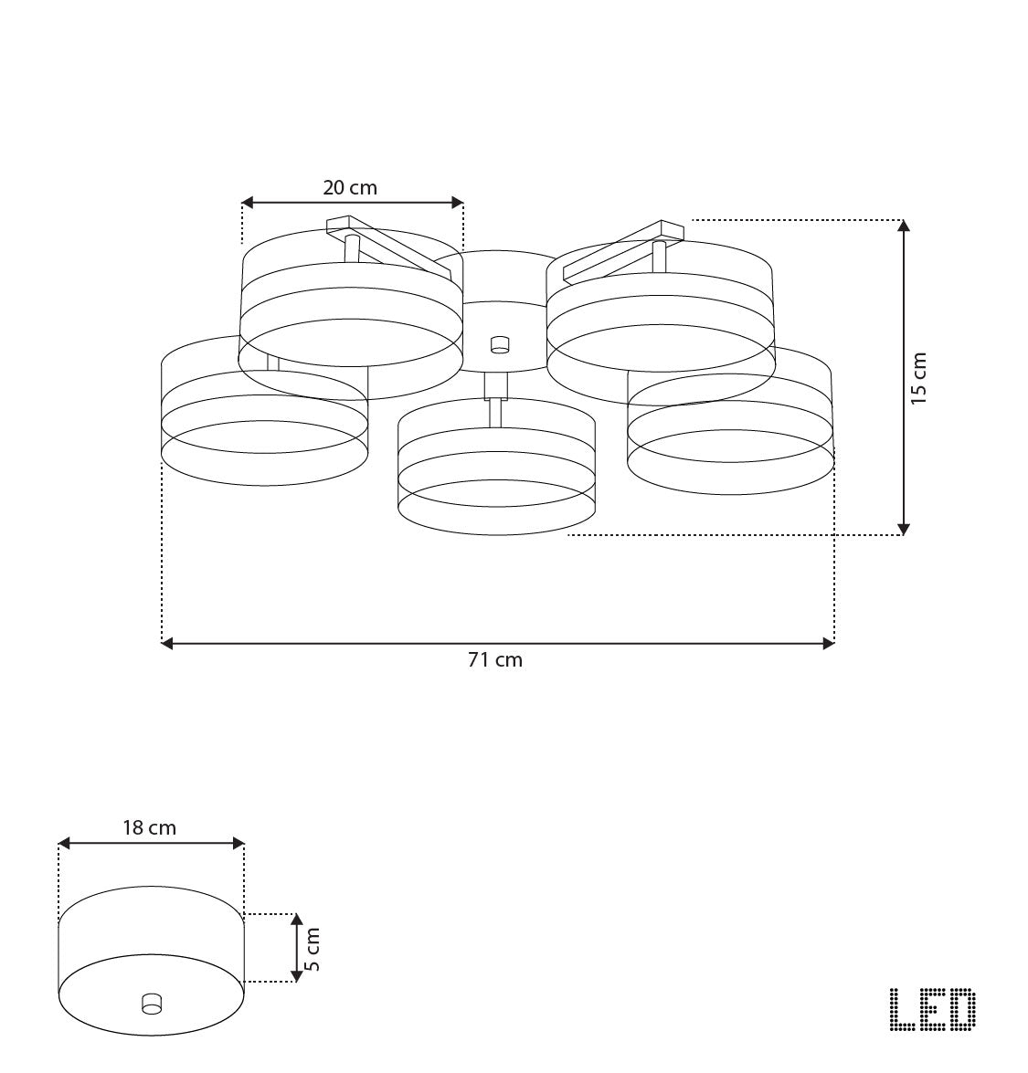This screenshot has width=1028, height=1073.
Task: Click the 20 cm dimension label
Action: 349,188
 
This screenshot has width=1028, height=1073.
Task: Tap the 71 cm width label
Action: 495,660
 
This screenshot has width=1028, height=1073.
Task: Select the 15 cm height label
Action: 919,378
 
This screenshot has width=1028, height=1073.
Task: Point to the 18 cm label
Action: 149,828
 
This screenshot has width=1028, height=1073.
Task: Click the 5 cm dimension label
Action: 313,948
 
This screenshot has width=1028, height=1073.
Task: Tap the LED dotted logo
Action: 932,1011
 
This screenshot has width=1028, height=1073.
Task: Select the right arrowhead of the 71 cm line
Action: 829,644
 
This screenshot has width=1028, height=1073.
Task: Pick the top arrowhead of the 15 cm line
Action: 904,226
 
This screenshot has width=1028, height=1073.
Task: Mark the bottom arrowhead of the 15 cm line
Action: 904,529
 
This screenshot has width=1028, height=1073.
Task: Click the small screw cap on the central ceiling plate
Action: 499,344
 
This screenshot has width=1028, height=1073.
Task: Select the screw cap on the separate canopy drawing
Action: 151,1003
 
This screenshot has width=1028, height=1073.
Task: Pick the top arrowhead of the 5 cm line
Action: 296,919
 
